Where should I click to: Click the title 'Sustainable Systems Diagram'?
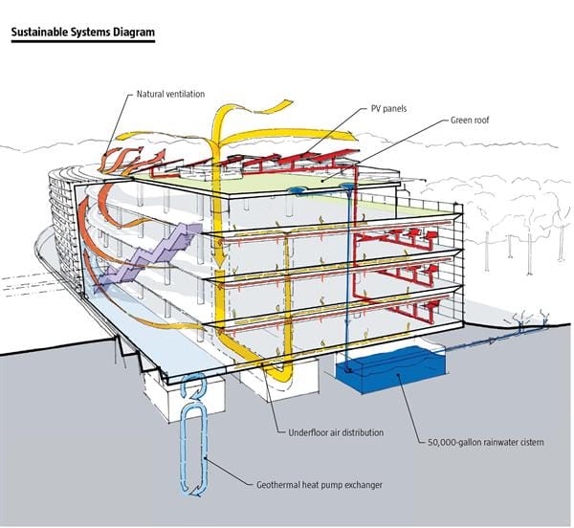coord(83,33)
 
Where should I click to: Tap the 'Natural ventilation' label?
coord(170,94)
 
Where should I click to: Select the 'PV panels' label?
coord(388,109)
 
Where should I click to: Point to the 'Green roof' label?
coord(470,120)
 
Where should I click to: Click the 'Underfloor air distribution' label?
coord(336,432)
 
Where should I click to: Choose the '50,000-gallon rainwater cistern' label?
coord(486,442)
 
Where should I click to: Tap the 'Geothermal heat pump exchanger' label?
coord(320,485)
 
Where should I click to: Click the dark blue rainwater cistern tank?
coord(390,369)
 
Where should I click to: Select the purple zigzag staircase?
coord(148,256)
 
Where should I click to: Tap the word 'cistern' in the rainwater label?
coord(529,442)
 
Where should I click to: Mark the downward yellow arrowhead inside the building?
coord(220,261)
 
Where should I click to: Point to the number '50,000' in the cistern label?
coord(441,442)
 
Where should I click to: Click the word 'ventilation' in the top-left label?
coord(186,94)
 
